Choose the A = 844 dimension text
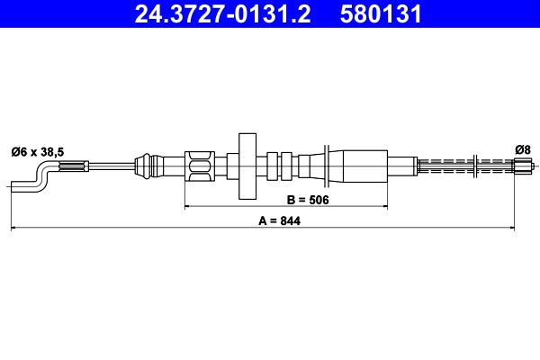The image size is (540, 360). (278, 220)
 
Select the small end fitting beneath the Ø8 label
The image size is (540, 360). (522, 166)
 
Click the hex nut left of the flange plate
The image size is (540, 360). (201, 166)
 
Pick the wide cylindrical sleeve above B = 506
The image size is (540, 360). (358, 166)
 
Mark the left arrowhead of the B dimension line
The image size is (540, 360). (188, 207)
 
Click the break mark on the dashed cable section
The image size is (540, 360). (474, 166)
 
